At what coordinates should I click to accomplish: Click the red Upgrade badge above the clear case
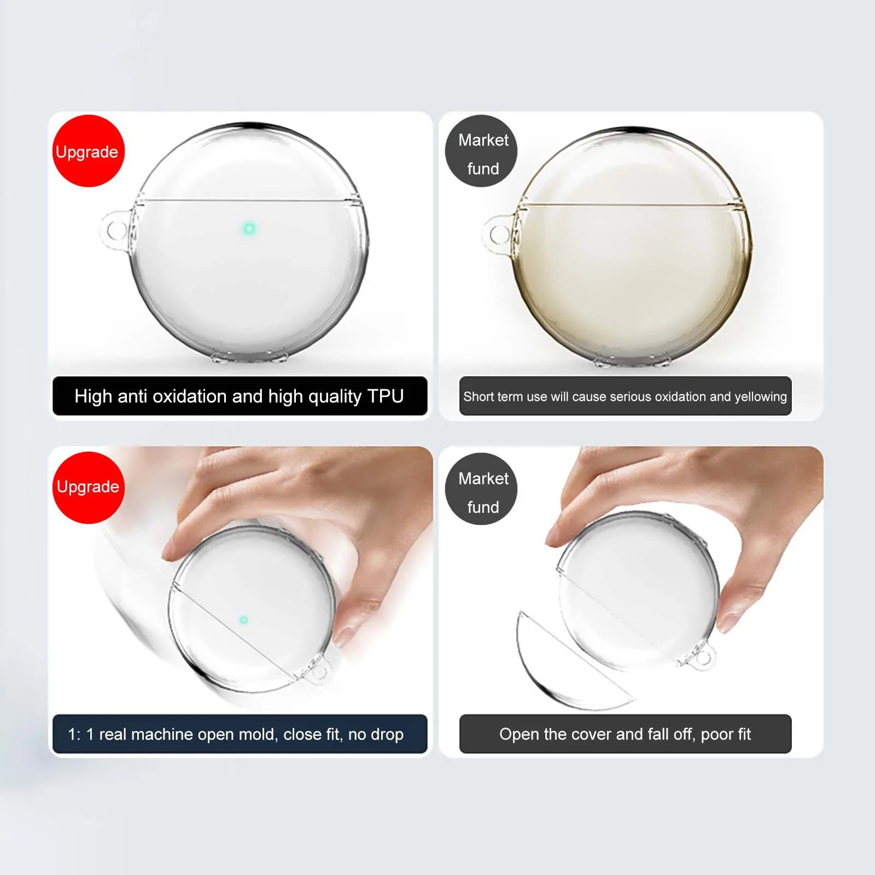(89, 151)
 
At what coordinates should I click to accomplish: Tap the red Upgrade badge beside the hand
(89, 487)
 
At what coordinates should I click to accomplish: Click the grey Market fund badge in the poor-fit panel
(481, 489)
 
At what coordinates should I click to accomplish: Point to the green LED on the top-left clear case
(249, 228)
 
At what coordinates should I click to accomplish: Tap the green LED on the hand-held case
(244, 620)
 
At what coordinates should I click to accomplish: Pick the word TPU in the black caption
(386, 396)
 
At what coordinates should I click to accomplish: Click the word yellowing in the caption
(760, 397)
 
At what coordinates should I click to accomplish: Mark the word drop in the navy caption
(387, 734)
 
